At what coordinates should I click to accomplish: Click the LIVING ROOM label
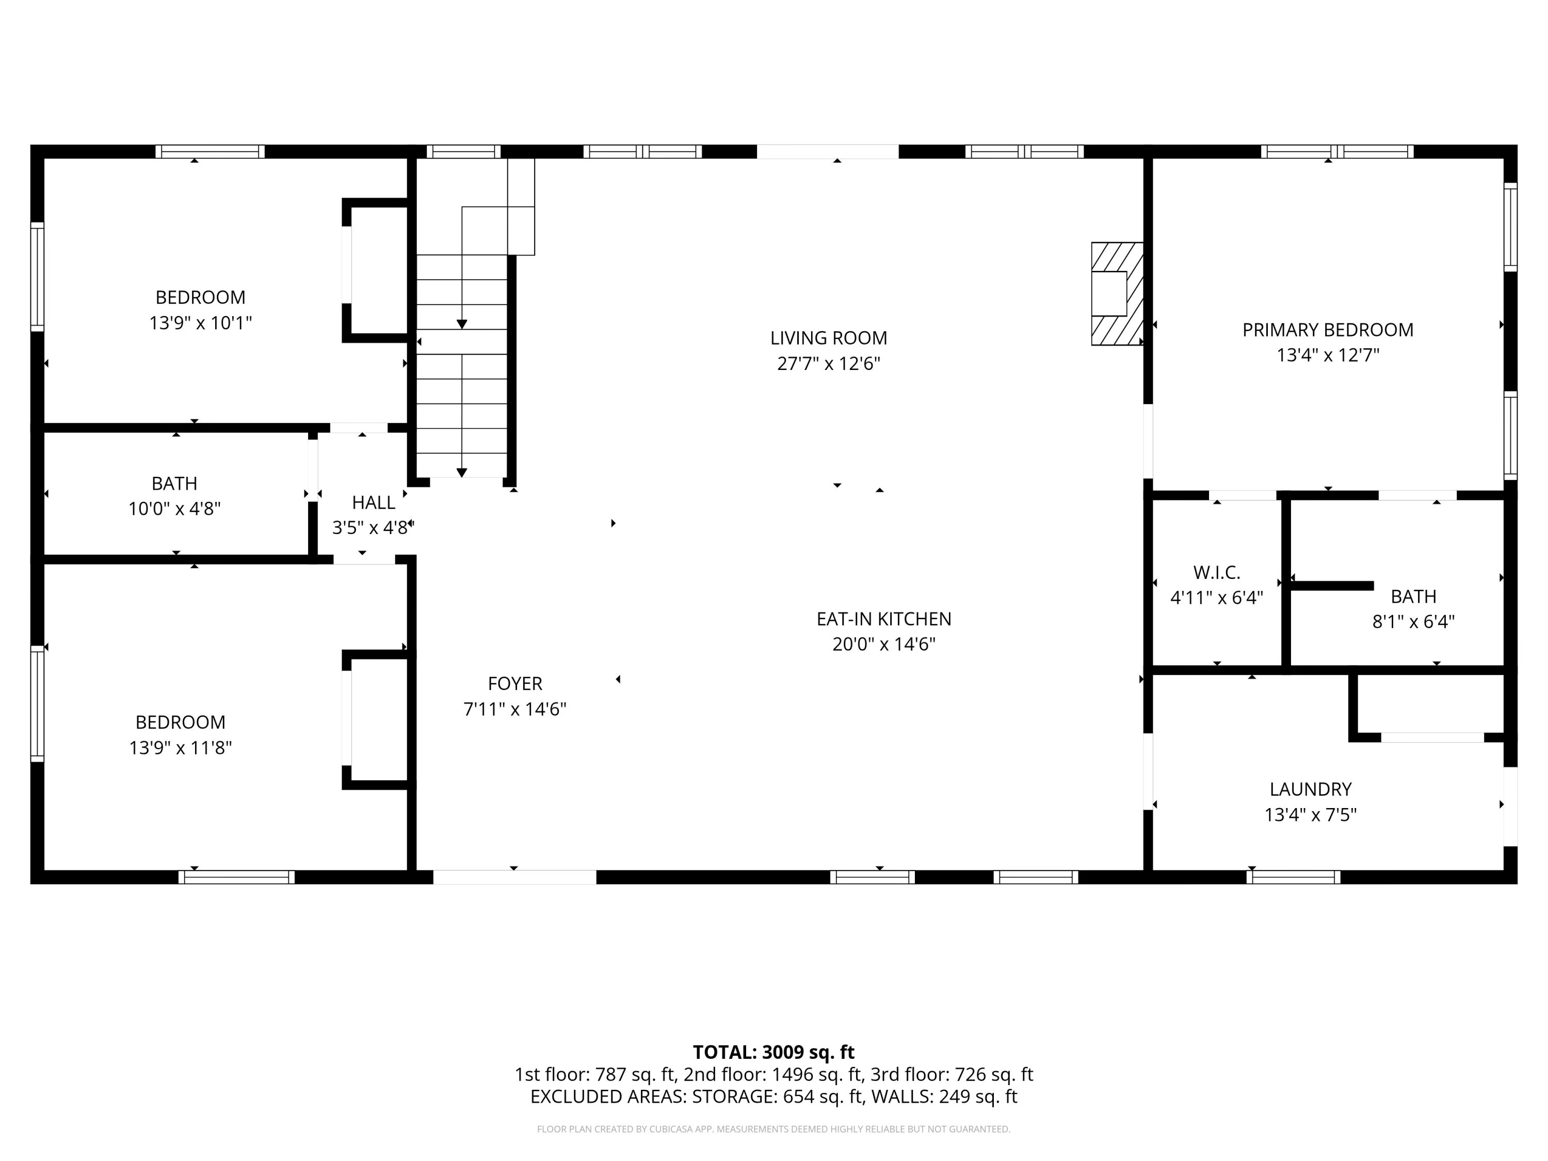point(829,338)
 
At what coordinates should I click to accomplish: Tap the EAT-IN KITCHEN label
point(884,619)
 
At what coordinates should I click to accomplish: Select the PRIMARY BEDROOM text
point(1328,330)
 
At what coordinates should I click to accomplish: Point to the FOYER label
point(515,683)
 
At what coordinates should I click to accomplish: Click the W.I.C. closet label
point(1217,572)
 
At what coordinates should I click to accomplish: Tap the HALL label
point(374,503)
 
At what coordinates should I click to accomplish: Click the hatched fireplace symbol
point(1118,294)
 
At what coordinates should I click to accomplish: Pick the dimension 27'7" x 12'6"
point(829,364)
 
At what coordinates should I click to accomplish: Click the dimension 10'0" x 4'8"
point(174,509)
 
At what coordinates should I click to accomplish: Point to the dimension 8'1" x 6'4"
point(1414,621)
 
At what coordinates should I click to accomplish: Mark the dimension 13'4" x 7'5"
point(1311,815)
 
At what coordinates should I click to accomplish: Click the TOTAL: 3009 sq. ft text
point(773,1052)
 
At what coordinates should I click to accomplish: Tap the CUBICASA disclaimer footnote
point(773,1129)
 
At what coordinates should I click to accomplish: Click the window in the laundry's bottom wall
point(1293,877)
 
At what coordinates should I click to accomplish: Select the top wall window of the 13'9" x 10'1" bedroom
point(210,151)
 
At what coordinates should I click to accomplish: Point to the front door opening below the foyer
point(515,877)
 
